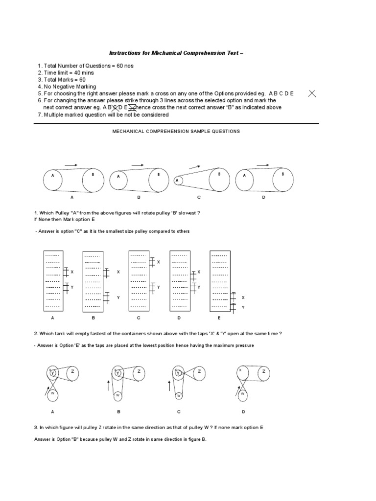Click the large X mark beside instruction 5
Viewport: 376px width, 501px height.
(312, 94)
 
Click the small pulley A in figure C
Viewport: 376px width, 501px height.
(178, 181)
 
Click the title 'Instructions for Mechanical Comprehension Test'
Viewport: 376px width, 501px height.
(175, 53)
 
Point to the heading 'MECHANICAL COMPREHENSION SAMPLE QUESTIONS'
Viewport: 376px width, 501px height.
(176, 132)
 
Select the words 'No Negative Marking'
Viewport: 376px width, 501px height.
(69, 87)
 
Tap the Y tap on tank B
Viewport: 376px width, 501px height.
(106, 297)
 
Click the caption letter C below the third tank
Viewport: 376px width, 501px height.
(139, 318)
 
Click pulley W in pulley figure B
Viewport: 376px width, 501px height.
(117, 394)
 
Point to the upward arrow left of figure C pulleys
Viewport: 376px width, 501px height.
(169, 386)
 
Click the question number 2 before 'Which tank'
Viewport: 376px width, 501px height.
(36, 333)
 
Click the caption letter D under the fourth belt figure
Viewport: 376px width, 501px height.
(263, 197)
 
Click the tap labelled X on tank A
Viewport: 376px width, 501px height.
(66, 271)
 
